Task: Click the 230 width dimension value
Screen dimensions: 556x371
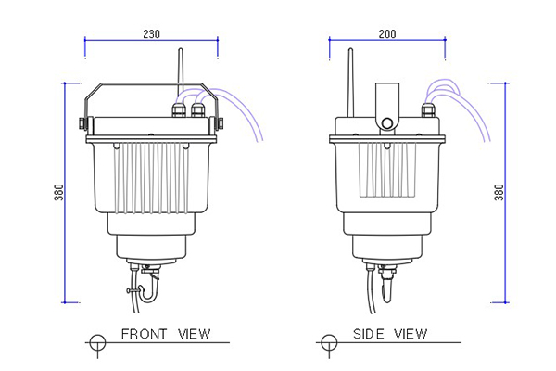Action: tap(151, 33)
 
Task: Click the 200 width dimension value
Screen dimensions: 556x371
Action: tap(387, 34)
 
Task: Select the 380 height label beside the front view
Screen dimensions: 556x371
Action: tap(59, 192)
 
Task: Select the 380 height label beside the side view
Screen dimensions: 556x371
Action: tap(499, 192)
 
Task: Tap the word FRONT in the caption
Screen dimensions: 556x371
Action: tap(144, 334)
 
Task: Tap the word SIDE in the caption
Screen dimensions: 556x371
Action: tap(368, 334)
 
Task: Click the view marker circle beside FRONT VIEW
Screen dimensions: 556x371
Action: tap(97, 342)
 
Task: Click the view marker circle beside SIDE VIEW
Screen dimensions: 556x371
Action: tap(329, 342)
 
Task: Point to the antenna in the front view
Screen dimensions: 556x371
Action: tap(181, 76)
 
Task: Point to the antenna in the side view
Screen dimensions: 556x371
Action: tap(350, 83)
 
